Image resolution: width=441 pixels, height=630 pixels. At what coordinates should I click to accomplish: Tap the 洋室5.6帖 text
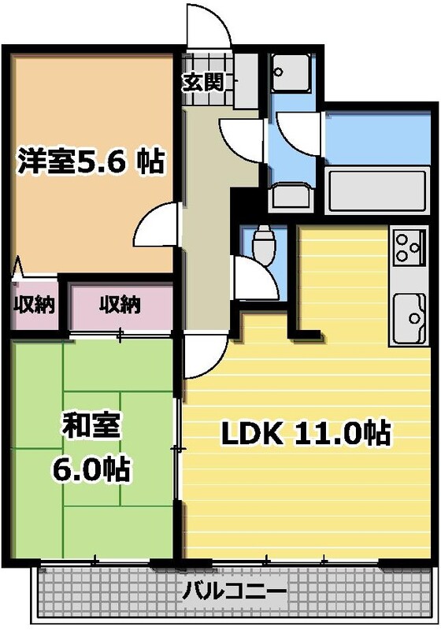91,161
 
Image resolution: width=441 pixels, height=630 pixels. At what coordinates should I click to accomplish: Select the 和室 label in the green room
91,426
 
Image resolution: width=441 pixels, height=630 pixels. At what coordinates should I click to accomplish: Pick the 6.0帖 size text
91,469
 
